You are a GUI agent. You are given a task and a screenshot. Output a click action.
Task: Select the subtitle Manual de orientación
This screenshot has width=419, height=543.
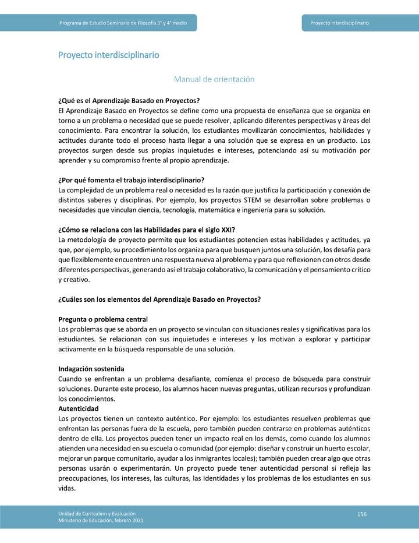coord(214,79)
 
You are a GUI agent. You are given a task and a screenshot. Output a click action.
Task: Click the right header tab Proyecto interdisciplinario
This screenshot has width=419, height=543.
coord(339,23)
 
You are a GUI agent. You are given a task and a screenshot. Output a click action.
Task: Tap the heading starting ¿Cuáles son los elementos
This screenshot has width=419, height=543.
coord(159,299)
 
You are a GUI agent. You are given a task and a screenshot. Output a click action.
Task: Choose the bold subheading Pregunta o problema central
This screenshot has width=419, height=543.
coord(103,319)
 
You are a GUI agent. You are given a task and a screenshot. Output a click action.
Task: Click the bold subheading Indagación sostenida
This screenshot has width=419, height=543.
coord(91,369)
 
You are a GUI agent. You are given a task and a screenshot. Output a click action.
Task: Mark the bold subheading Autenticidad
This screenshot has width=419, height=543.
coord(79,409)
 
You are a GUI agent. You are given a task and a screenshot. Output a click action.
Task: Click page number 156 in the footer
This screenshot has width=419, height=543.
coord(361,513)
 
